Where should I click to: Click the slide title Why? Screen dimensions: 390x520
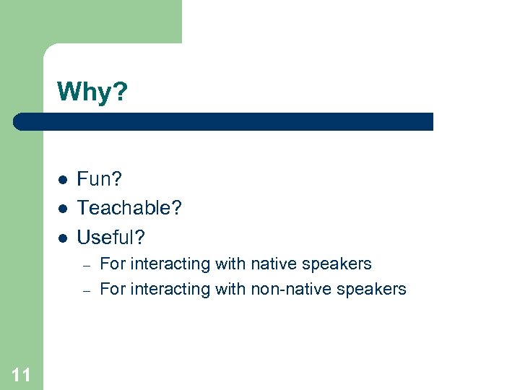coord(92,92)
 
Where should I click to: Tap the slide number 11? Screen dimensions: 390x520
coord(22,374)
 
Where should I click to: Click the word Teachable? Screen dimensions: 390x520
coord(129,208)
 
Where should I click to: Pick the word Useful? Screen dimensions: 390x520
coord(111,237)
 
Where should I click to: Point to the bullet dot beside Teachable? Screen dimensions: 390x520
coord(63,209)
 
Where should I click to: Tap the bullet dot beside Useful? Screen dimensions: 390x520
coord(63,238)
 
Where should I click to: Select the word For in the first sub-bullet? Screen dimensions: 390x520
coord(111,264)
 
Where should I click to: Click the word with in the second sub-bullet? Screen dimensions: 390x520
coord(230,290)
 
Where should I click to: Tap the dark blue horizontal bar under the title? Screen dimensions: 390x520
coord(224,121)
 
